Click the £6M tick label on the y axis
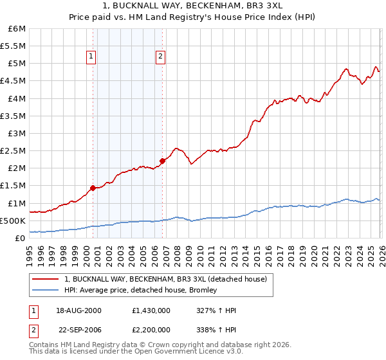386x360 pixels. (x=17, y=29)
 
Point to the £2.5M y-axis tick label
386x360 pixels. (x=13, y=151)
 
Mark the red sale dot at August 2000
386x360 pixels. (x=93, y=188)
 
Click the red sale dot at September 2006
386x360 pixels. (x=162, y=161)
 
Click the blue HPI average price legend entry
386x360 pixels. (x=140, y=290)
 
